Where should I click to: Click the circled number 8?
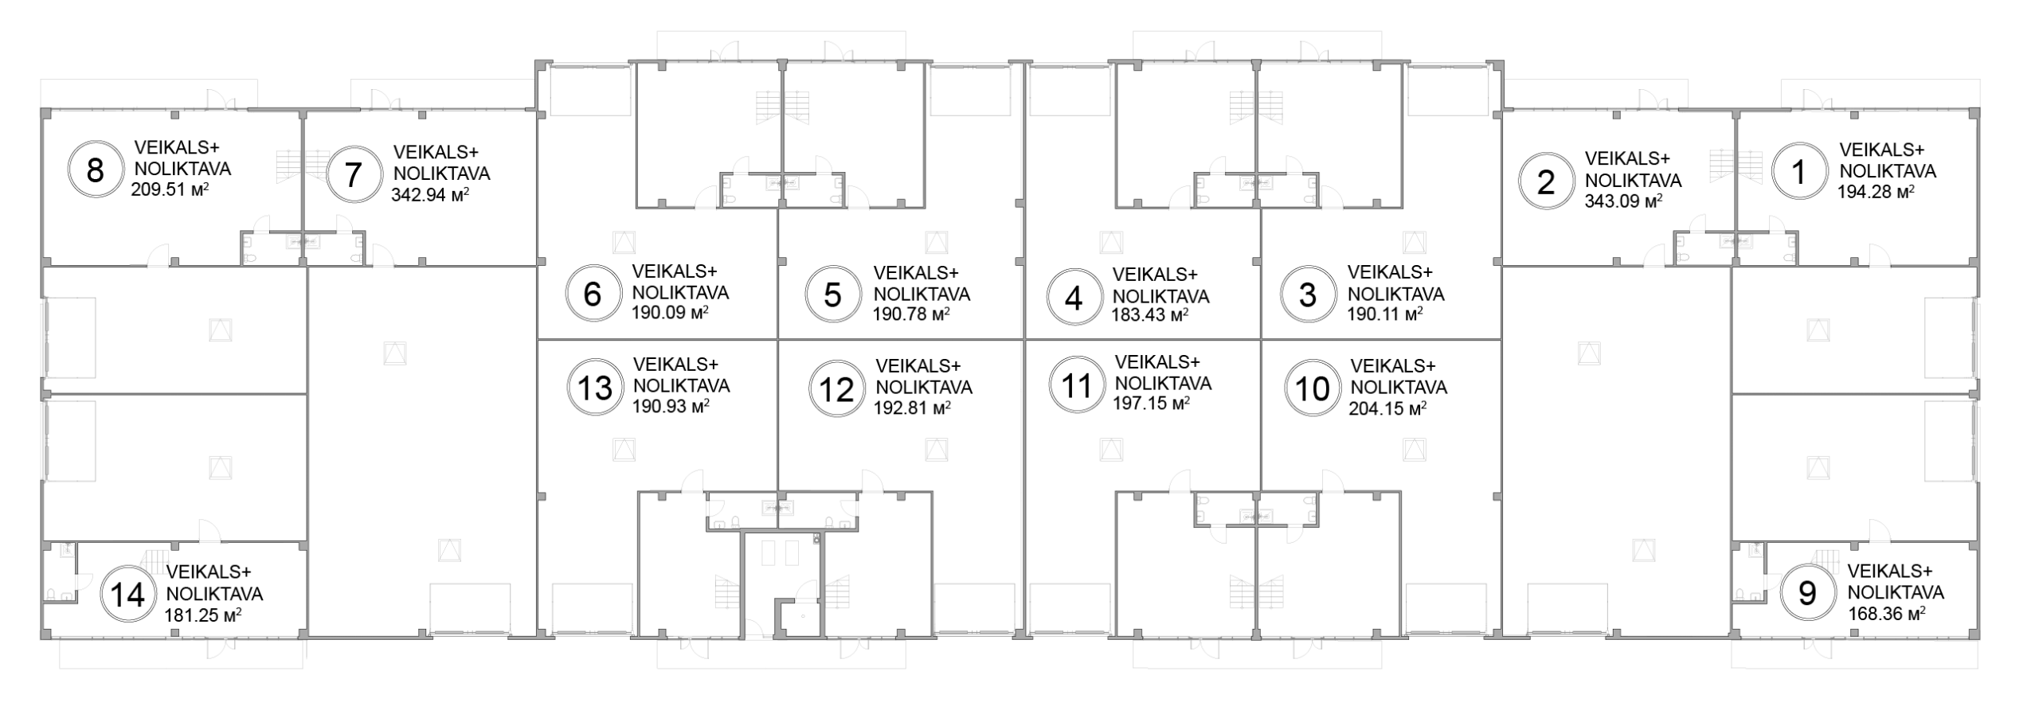(x=95, y=170)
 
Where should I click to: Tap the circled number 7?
(x=354, y=174)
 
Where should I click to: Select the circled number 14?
(x=127, y=595)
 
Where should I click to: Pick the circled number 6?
(x=593, y=295)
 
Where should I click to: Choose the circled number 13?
(x=594, y=388)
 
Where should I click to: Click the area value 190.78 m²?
(x=911, y=314)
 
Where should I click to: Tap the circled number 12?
(x=836, y=390)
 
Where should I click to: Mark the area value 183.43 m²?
(x=1150, y=314)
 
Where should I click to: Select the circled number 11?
(x=1077, y=386)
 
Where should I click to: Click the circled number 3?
(x=1308, y=295)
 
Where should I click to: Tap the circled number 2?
(x=1546, y=183)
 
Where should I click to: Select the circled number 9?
(x=1808, y=593)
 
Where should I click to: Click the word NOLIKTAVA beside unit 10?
(x=1399, y=388)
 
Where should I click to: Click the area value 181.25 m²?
(x=203, y=615)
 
